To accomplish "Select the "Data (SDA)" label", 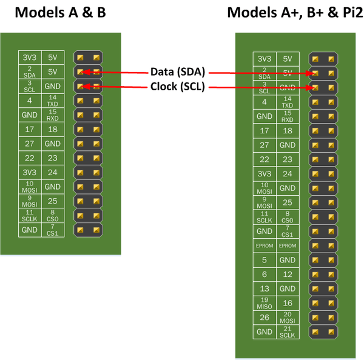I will [x=178, y=72].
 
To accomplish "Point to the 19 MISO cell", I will [x=265, y=303].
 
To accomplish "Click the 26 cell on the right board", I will [x=265, y=318].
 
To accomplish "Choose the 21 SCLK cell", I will [x=288, y=332].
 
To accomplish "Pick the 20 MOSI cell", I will [x=288, y=318].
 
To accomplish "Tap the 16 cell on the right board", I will [x=288, y=303].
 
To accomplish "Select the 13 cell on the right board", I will [x=265, y=288].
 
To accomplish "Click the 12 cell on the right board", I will [x=288, y=275].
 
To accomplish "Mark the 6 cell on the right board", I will [x=265, y=275].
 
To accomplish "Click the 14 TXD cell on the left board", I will [x=52, y=101].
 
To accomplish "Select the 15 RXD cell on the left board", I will [x=52, y=115].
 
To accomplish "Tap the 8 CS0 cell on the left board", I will [x=52, y=216].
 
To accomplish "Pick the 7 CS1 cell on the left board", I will [x=52, y=230].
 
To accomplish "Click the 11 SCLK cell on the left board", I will [x=29, y=216].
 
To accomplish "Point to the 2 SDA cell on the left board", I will [x=29, y=72].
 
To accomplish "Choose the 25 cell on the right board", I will [x=288, y=202].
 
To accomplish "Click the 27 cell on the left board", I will [x=29, y=144].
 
